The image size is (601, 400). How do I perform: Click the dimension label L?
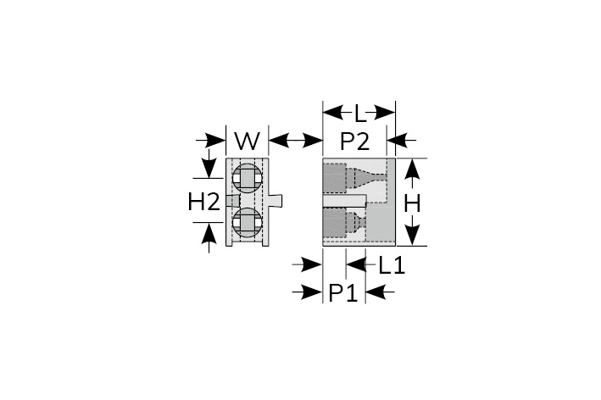[x=359, y=114]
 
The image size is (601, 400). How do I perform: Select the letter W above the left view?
[x=248, y=141]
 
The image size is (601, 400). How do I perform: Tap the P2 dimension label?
[x=355, y=141]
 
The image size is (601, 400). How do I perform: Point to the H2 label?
[x=204, y=202]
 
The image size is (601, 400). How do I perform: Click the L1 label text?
[x=392, y=265]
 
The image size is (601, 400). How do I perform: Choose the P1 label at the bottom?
[x=343, y=293]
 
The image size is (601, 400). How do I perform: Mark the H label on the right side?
[x=412, y=203]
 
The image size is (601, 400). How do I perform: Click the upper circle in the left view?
[x=248, y=179]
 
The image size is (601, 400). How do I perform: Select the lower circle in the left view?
[x=248, y=223]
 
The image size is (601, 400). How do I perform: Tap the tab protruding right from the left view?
[x=275, y=200]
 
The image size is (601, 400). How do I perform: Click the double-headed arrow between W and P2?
[x=295, y=141]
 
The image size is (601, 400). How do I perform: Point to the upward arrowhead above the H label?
[x=412, y=169]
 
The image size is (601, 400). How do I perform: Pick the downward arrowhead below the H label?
[x=412, y=234]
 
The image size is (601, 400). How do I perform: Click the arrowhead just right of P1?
[x=375, y=292]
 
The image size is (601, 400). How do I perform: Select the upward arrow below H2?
[x=209, y=237]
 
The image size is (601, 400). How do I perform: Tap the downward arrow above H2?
[x=209, y=164]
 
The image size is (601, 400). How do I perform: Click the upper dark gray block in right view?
[x=335, y=178]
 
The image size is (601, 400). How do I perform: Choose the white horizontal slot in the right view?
[x=344, y=200]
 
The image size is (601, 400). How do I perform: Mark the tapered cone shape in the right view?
[x=370, y=178]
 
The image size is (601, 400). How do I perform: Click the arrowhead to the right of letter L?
[x=385, y=113]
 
